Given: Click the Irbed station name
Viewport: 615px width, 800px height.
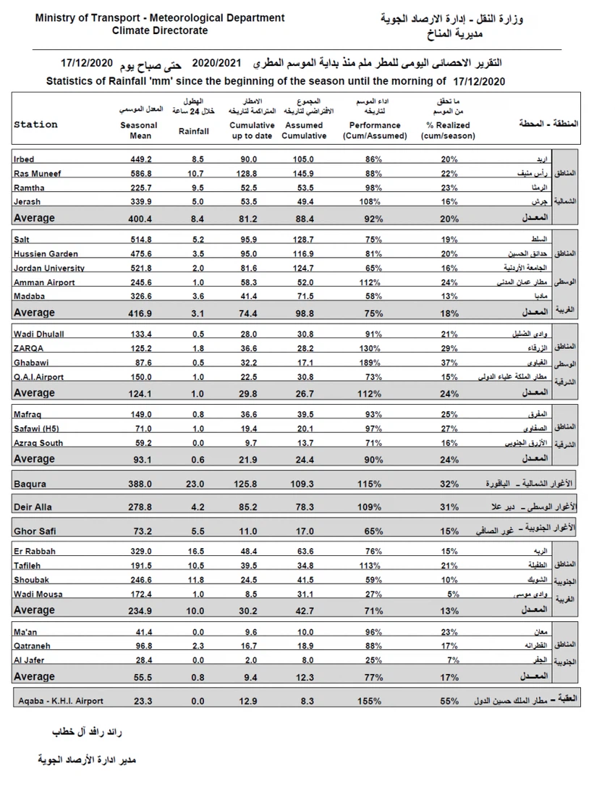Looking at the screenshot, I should (24, 159).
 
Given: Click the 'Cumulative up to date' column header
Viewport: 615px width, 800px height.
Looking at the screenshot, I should (253, 130).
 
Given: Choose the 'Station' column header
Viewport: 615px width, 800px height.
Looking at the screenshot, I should (35, 125).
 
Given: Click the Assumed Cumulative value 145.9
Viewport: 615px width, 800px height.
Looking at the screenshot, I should (304, 174).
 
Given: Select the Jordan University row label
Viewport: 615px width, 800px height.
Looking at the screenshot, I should (48, 269).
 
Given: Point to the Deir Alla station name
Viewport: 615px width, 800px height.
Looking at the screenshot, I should (33, 508).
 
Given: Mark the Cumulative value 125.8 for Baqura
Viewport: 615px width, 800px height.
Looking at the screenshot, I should (249, 484).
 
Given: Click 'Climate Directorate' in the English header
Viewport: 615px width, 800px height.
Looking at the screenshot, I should (160, 30).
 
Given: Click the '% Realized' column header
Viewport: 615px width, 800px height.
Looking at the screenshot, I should (448, 130).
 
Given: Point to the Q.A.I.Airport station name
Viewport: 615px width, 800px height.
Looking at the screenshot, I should (38, 377).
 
